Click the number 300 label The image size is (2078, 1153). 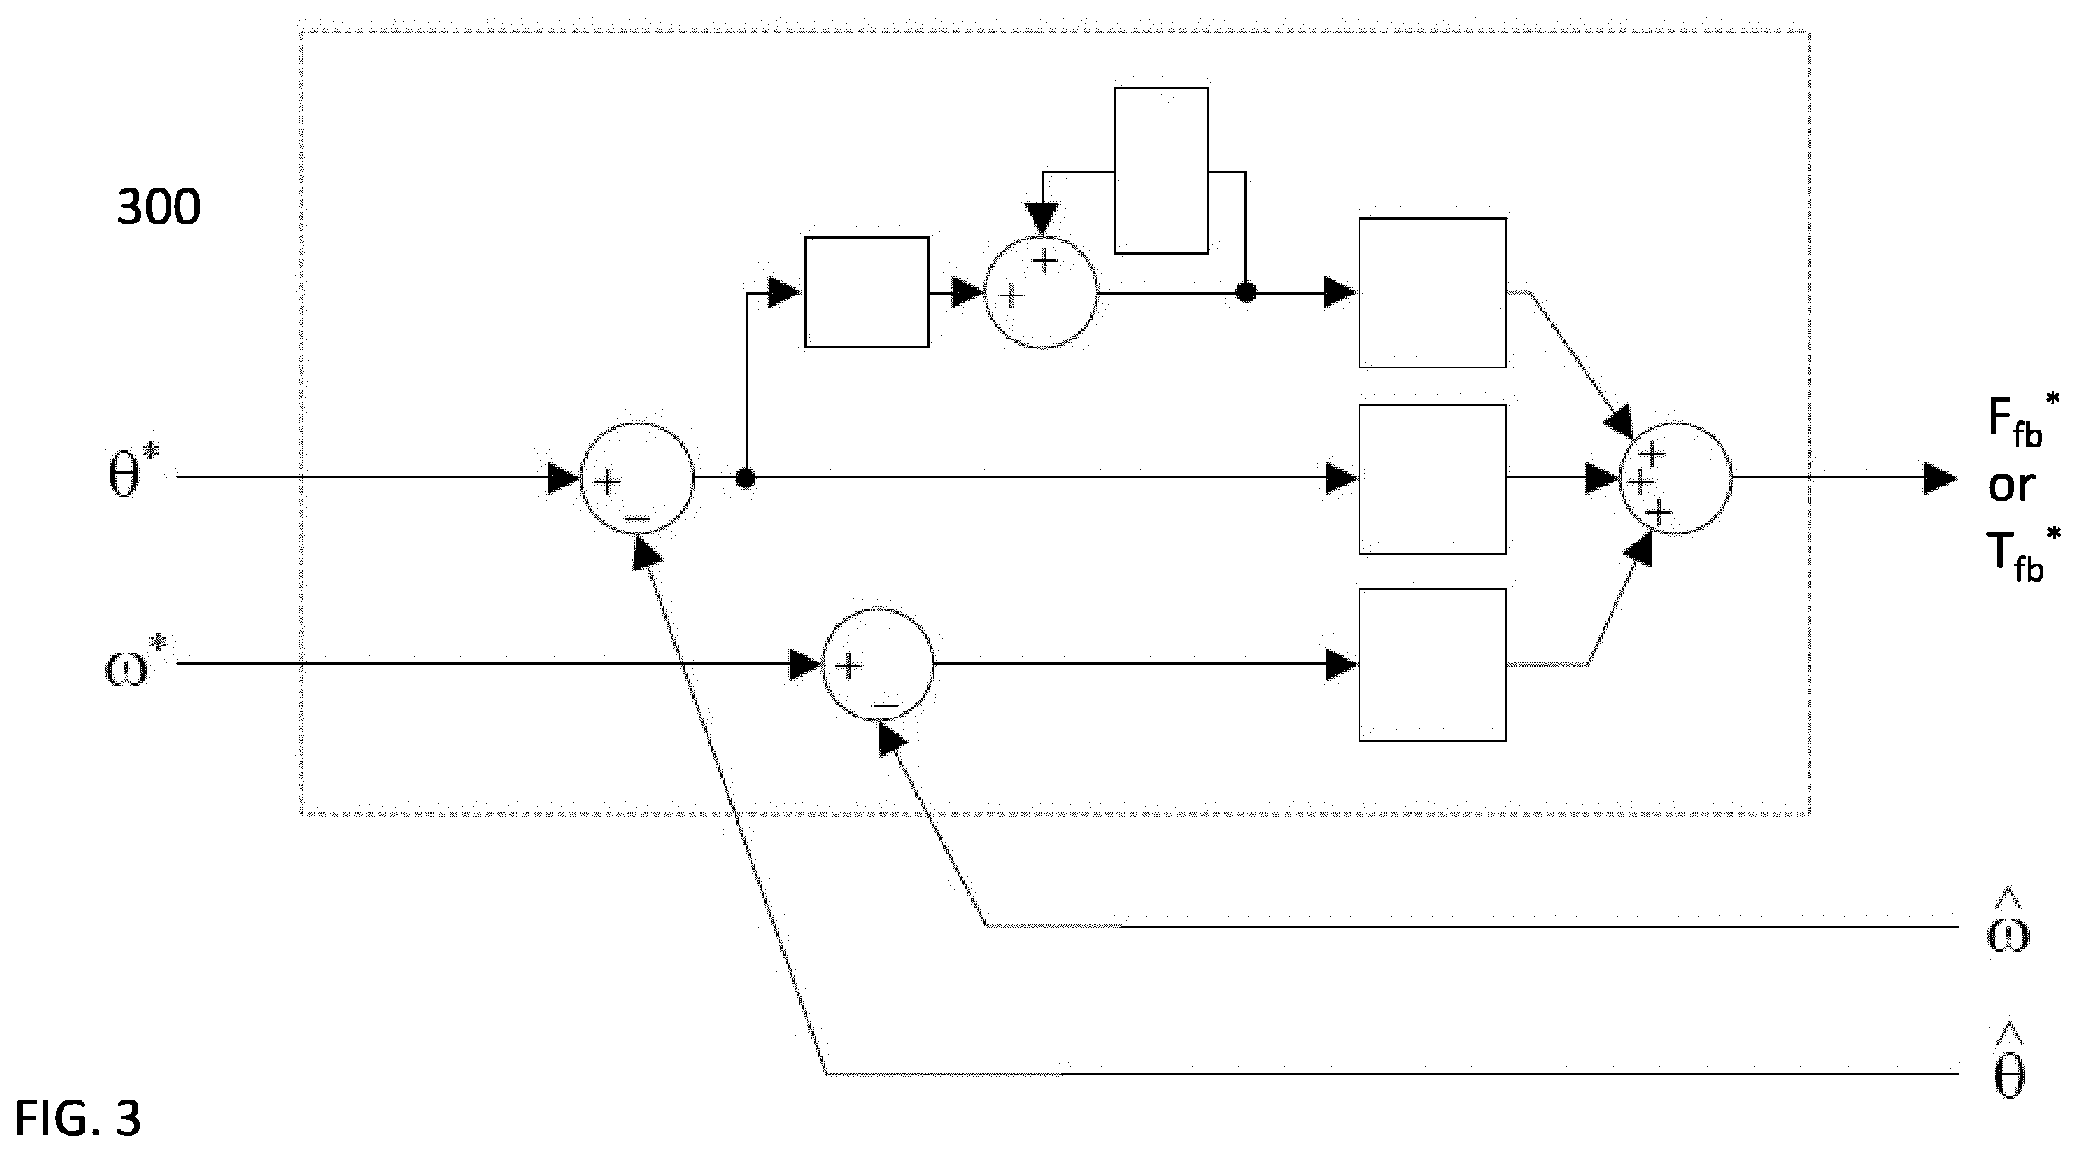coord(158,207)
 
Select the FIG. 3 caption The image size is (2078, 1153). coord(77,1118)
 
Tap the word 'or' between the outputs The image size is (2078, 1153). coord(2011,487)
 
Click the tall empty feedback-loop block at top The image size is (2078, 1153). coord(1161,170)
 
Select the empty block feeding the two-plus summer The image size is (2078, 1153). coord(866,292)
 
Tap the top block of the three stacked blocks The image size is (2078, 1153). coord(1433,293)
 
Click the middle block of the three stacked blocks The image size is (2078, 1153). coord(1433,480)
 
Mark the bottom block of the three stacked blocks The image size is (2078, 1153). coord(1433,665)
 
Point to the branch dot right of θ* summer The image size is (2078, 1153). coord(746,479)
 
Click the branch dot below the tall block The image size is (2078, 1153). coord(1246,293)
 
